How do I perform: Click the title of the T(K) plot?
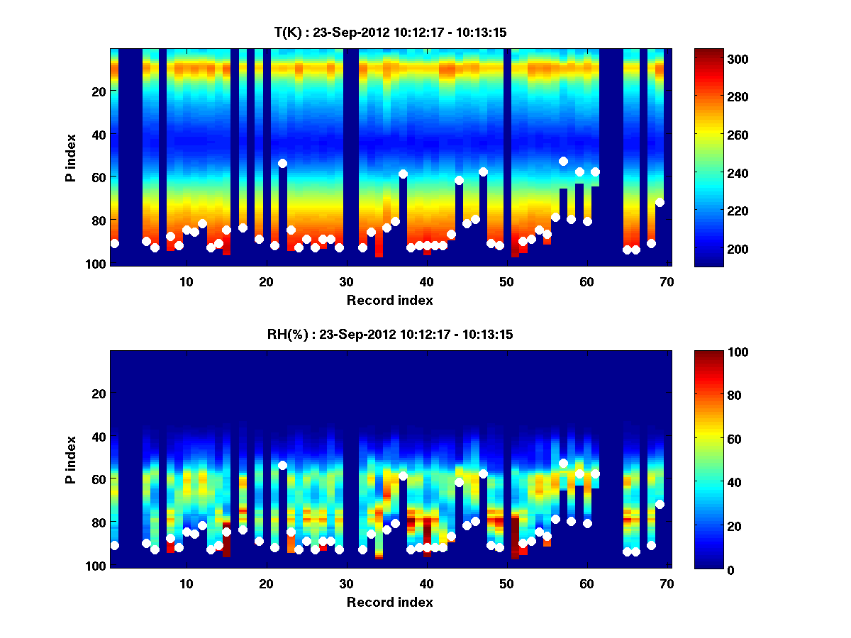pos(390,32)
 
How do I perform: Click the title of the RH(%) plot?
pos(390,335)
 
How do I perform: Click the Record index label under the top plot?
pos(390,300)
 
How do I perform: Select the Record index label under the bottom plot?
pos(390,602)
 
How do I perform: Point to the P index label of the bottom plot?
pos(70,459)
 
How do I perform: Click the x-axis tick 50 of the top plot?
pos(506,281)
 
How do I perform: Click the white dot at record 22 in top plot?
pos(282,163)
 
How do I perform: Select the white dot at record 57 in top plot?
pos(563,161)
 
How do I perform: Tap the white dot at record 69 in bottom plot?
pos(660,504)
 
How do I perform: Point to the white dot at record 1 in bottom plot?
pos(114,545)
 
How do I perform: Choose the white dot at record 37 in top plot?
pos(403,174)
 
